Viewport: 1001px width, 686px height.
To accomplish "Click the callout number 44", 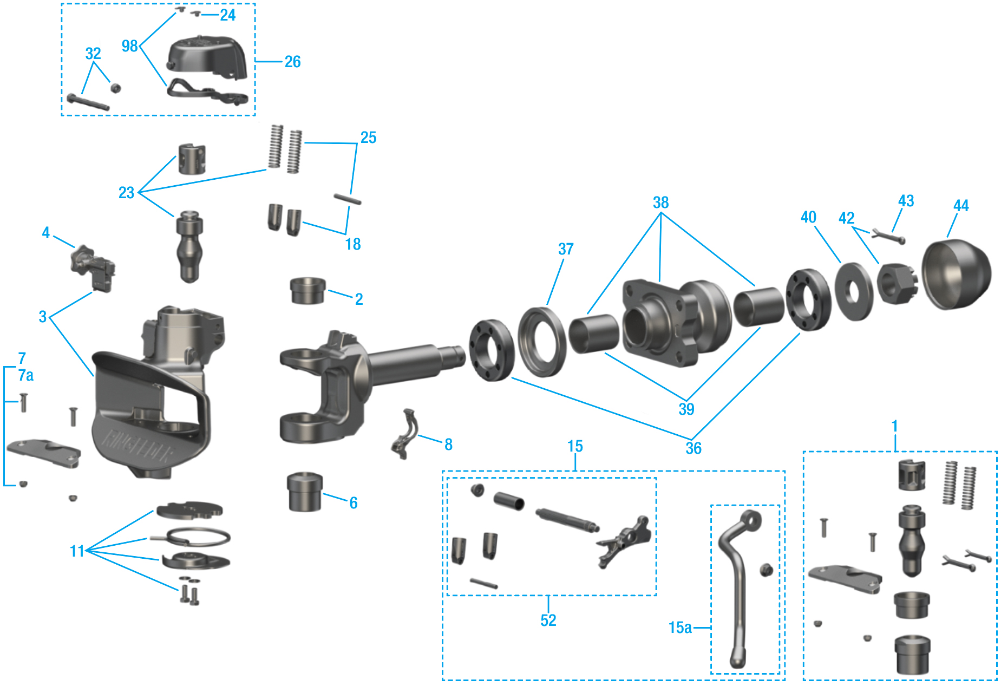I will tap(960, 206).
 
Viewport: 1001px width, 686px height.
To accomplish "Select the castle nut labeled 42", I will tap(895, 283).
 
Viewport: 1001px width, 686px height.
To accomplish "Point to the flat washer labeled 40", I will tap(854, 291).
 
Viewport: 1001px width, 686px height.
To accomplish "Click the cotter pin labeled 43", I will tap(888, 236).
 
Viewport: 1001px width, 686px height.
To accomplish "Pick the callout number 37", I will tap(565, 249).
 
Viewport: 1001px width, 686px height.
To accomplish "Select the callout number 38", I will tap(660, 202).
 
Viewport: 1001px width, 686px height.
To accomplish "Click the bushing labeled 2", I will tap(308, 290).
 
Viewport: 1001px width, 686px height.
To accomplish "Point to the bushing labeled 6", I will tap(305, 492).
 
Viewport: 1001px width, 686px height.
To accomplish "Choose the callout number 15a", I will tap(680, 628).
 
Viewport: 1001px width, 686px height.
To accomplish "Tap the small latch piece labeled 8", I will tap(404, 435).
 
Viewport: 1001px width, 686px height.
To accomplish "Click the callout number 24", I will tap(227, 15).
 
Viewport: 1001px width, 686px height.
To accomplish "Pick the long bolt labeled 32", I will tap(88, 102).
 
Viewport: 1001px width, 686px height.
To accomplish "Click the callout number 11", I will tap(77, 551).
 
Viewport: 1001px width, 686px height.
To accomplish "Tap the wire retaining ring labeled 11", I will tap(198, 538).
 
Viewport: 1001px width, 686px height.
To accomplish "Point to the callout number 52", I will tap(548, 620).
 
